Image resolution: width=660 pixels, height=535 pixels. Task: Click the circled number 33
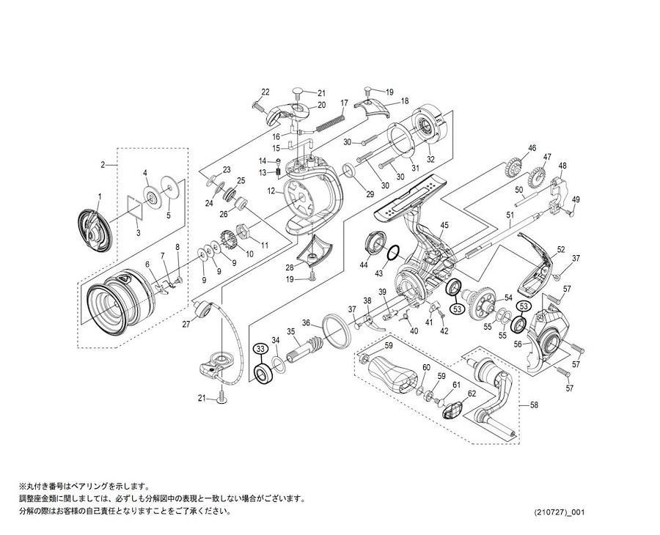(x=260, y=349)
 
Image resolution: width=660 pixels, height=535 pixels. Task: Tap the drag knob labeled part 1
(x=95, y=226)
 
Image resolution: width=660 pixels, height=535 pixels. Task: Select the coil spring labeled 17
(x=332, y=119)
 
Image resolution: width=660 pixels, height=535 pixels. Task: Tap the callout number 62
(x=472, y=394)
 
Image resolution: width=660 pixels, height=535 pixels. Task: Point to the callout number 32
(x=430, y=159)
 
